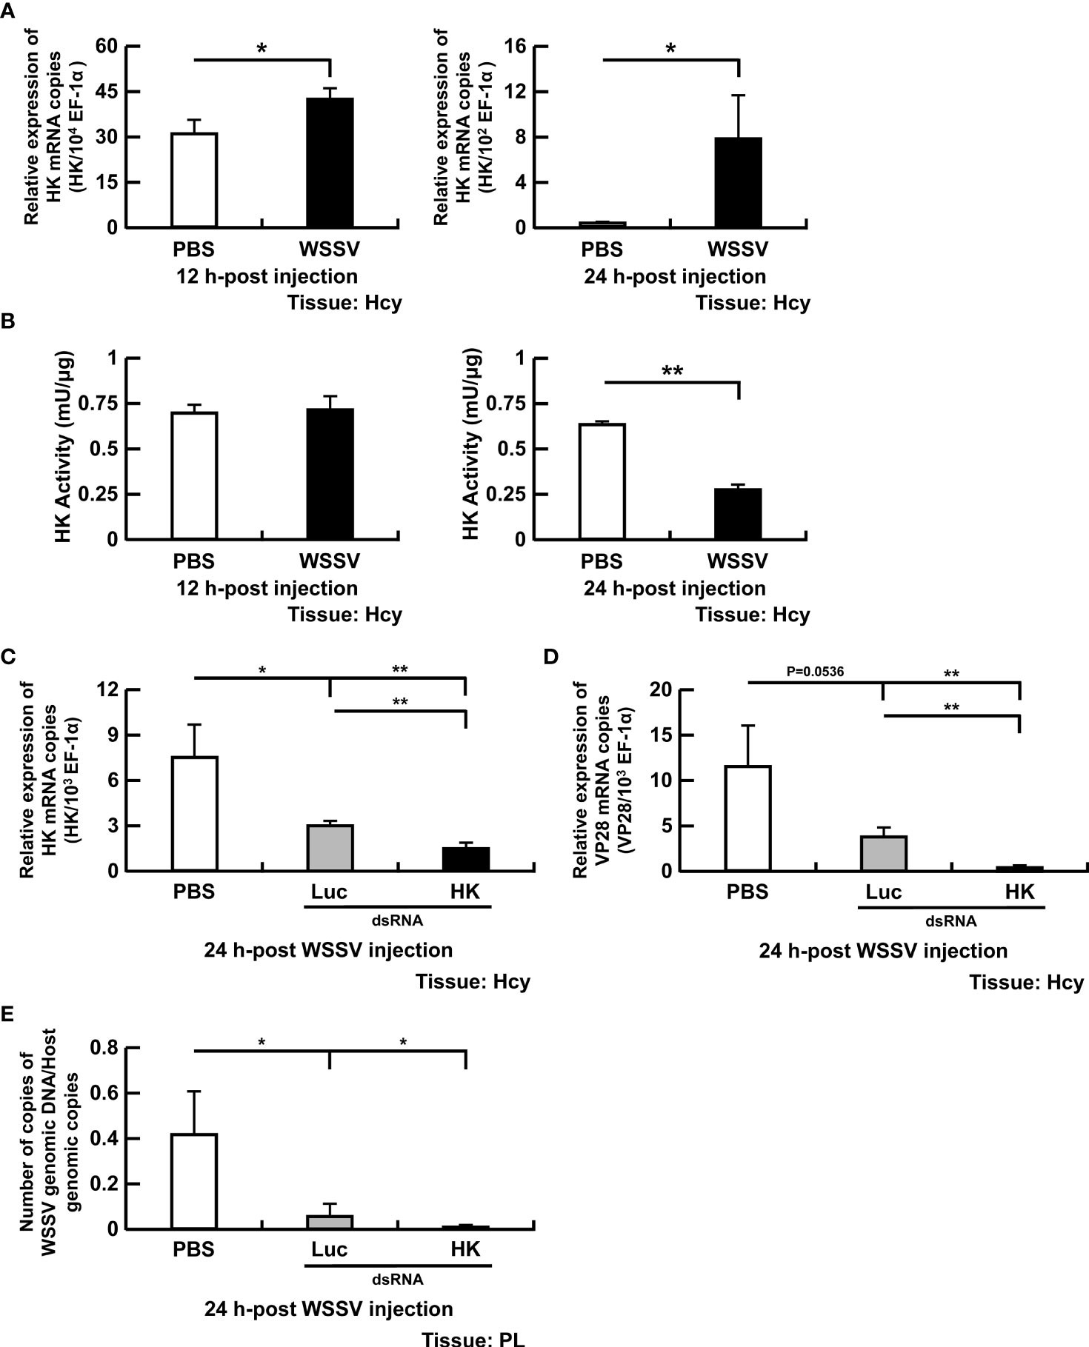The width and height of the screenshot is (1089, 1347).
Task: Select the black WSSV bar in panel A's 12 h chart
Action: point(330,162)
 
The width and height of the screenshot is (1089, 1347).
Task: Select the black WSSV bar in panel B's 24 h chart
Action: point(739,514)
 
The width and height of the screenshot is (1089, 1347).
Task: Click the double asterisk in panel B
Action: point(671,370)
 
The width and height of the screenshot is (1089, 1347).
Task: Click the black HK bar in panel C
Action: point(465,859)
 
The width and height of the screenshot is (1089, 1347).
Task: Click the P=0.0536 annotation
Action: point(815,672)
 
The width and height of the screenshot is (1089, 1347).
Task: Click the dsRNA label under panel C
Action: point(397,920)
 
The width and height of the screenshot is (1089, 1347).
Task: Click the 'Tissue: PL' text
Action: point(473,1338)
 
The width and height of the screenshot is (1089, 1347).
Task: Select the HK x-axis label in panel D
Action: point(1019,892)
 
